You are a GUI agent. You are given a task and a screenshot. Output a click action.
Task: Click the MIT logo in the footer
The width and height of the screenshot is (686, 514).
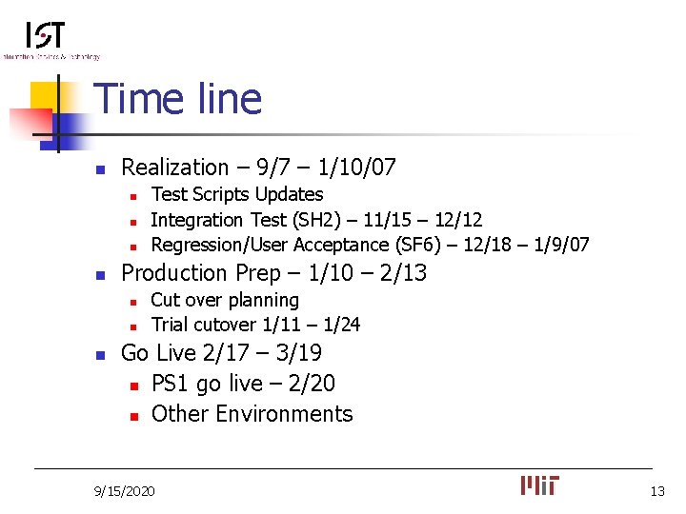[x=540, y=485]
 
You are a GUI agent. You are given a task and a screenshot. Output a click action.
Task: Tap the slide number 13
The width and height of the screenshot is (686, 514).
[x=656, y=491]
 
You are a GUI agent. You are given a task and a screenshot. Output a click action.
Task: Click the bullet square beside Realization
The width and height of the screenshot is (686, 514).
[x=99, y=169]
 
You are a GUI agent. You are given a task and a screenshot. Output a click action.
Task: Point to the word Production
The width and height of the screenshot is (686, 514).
[x=173, y=273]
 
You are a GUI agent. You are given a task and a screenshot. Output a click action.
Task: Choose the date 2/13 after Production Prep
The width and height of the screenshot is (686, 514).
[x=403, y=273]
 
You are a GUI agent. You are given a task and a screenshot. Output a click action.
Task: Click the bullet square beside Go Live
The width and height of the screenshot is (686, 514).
[x=99, y=355]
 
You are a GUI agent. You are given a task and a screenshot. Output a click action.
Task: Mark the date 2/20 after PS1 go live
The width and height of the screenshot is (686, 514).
[x=314, y=384]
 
